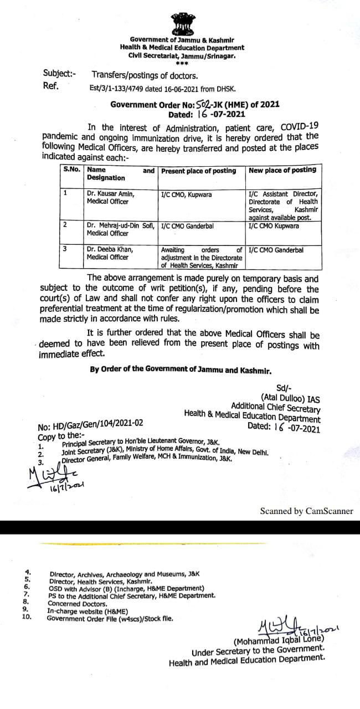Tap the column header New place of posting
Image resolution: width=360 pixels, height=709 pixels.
(282, 170)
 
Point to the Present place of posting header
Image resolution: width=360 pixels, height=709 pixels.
(198, 171)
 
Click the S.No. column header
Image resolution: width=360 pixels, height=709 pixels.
(71, 169)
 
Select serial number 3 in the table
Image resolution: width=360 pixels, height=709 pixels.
(65, 249)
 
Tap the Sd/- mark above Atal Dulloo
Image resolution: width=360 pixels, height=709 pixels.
(282, 388)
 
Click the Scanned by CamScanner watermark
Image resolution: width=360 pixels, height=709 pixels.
(306, 511)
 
